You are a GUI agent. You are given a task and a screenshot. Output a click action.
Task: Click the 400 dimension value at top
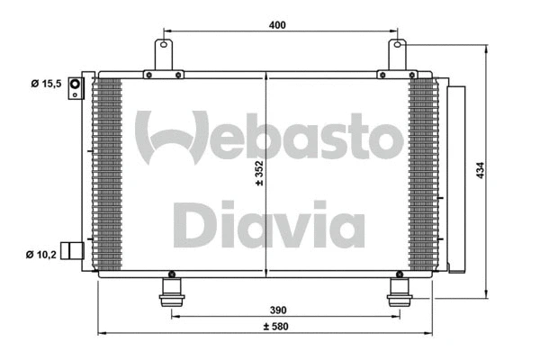[276, 24]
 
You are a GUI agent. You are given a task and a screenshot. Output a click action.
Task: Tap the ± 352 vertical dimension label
[260, 171]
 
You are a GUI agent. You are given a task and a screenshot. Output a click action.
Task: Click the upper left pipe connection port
[76, 86]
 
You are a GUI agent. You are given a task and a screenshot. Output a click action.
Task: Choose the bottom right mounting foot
[398, 292]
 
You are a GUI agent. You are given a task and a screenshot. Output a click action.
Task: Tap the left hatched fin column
[107, 171]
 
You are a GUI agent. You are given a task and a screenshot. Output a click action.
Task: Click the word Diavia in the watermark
[268, 227]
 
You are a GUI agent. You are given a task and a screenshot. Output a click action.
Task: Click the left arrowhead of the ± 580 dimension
[102, 334]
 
